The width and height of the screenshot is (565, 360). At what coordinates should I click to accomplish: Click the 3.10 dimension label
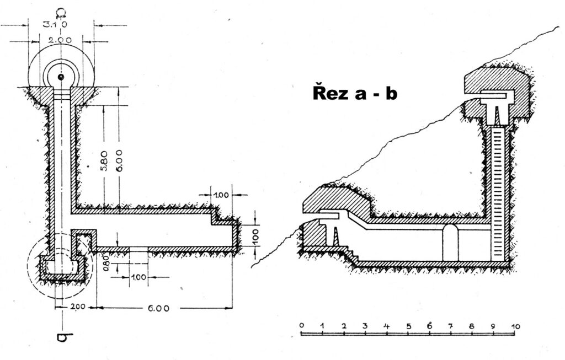click(54, 24)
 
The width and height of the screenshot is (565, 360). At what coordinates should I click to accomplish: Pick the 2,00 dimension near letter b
click(78, 307)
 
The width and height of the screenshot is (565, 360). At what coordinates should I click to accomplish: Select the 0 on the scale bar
click(301, 326)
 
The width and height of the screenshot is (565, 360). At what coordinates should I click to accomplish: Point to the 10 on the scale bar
click(515, 326)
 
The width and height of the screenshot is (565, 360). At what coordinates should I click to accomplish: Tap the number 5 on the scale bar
click(408, 326)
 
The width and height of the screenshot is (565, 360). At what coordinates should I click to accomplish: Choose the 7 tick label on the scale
click(451, 326)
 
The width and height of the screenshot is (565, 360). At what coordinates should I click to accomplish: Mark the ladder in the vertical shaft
click(498, 193)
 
